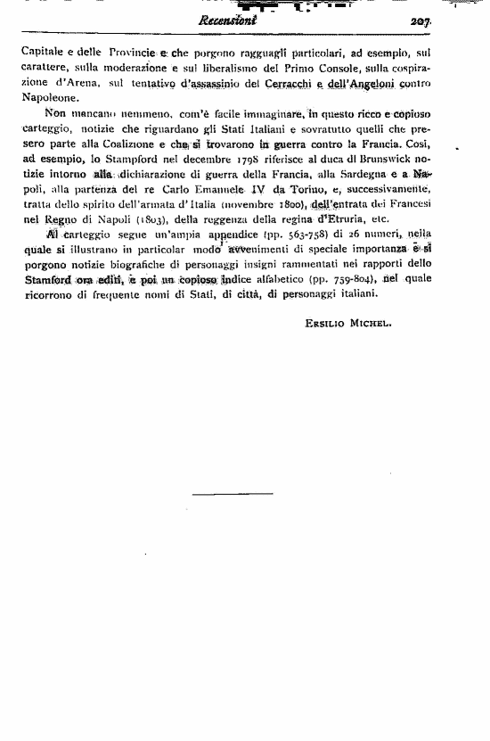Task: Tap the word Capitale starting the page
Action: click(x=42, y=54)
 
